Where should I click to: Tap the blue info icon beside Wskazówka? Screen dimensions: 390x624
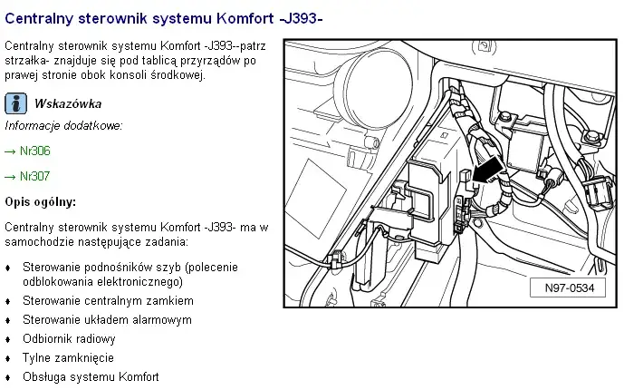point(14,103)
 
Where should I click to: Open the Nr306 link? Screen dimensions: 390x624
point(34,151)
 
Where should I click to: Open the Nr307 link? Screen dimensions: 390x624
point(34,176)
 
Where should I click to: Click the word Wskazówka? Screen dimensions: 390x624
point(68,104)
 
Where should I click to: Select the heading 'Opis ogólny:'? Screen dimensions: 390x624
point(41,200)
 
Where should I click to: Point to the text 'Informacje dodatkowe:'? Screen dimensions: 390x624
point(63,125)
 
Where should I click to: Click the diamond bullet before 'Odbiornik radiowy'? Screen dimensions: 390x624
point(8,339)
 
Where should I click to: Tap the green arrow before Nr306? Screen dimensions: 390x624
point(10,151)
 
